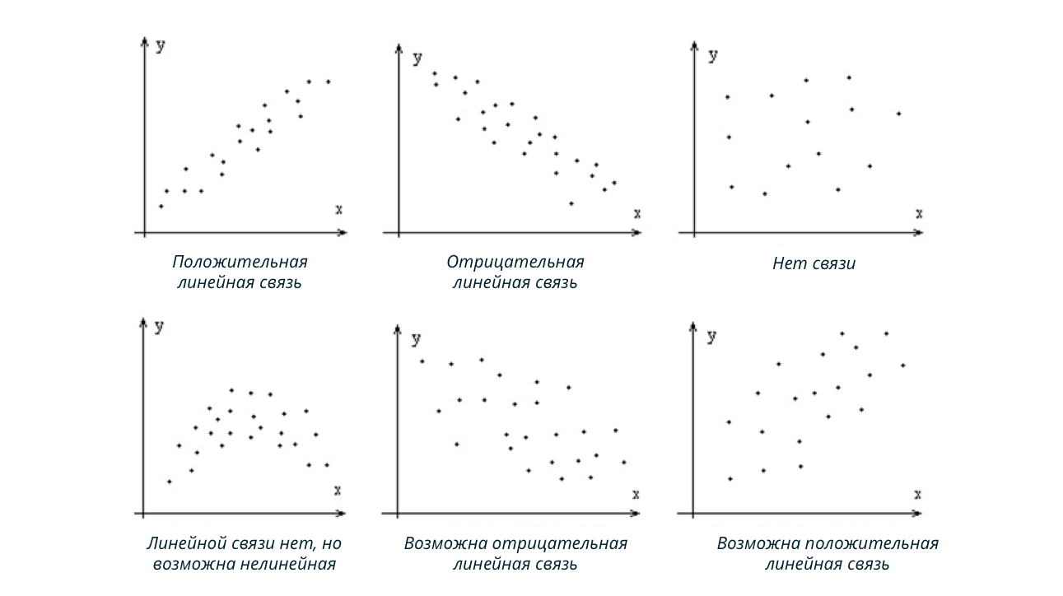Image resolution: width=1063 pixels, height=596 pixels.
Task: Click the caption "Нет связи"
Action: click(814, 264)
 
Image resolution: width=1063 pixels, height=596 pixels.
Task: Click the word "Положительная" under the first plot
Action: click(240, 262)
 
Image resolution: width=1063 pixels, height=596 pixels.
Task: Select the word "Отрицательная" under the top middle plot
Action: click(515, 262)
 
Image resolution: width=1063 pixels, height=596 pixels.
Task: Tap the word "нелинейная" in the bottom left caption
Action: click(289, 565)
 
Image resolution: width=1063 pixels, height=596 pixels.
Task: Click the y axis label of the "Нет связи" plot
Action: click(713, 56)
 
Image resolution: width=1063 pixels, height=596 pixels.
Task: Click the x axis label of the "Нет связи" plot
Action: click(919, 213)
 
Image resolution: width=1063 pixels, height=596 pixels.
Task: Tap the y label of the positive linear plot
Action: click(161, 46)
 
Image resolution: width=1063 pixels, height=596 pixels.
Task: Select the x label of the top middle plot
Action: click(636, 213)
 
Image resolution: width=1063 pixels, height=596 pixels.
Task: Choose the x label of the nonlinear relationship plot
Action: click(337, 491)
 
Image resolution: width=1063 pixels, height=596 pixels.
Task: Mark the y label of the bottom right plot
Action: click(712, 336)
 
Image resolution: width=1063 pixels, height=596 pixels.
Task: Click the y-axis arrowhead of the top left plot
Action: click(145, 42)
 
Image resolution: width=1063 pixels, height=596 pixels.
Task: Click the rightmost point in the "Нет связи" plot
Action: click(898, 114)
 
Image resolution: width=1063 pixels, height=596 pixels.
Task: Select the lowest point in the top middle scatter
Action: click(571, 203)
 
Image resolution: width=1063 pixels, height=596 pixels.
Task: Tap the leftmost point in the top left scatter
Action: click(161, 206)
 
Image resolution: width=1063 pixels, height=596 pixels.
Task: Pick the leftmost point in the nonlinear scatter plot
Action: click(169, 482)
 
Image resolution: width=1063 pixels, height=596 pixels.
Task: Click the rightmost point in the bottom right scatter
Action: click(902, 365)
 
